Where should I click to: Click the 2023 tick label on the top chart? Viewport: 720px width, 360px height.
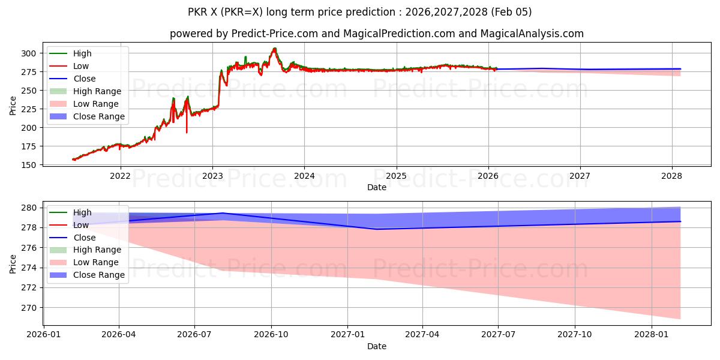tap(212, 176)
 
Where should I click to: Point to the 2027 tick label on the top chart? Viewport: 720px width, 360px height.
tap(580, 176)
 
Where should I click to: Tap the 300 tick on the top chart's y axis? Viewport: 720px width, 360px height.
tap(28, 53)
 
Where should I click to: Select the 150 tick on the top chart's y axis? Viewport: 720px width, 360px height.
tap(28, 165)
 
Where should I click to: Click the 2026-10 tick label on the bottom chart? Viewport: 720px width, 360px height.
tap(271, 335)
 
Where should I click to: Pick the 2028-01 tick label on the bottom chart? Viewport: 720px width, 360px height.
tap(651, 335)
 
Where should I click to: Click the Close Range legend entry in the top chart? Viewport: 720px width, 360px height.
tap(99, 116)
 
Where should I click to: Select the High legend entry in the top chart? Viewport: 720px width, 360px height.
tap(82, 53)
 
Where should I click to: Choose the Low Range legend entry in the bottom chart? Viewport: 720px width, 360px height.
tap(96, 262)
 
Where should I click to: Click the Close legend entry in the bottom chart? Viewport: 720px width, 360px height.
tap(85, 238)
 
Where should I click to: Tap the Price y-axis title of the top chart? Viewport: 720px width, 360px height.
tap(13, 106)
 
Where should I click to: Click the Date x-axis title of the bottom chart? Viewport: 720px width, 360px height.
tap(377, 346)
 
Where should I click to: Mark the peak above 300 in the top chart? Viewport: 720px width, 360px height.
tap(275, 49)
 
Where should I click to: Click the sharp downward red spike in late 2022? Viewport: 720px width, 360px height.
tap(187, 132)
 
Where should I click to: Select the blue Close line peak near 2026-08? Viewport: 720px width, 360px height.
tap(223, 213)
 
